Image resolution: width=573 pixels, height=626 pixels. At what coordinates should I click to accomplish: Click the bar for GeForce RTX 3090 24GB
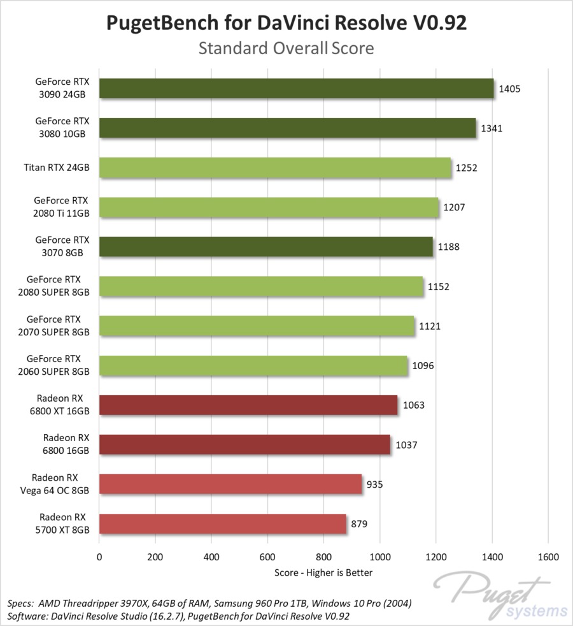pos(296,89)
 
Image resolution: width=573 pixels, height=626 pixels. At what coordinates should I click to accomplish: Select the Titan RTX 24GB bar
pos(274,168)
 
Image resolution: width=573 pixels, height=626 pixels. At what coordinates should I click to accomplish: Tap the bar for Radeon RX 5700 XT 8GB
pos(222,524)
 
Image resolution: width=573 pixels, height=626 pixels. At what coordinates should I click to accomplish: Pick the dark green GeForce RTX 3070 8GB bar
pos(265,247)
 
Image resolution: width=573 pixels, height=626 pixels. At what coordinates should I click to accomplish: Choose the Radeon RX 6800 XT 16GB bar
pos(248,405)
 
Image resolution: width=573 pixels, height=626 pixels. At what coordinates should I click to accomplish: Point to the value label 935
pos(374,484)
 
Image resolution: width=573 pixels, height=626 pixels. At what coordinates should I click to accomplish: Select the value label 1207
pos(453,207)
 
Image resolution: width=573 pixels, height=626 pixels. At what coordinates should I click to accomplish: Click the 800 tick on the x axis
pos(324,557)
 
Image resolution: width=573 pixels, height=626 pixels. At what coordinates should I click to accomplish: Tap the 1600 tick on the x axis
pos(549,557)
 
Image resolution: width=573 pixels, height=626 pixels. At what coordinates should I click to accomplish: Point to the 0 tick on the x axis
pos(99,557)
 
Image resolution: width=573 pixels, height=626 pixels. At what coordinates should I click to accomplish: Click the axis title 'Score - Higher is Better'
pos(323,572)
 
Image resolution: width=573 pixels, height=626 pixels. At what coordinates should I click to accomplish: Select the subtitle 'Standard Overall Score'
pos(286,48)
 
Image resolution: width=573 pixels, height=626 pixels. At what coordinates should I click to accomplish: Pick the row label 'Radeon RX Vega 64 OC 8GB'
pos(60,484)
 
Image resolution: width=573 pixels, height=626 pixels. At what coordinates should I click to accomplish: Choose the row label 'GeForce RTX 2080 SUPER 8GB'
pos(58,286)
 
